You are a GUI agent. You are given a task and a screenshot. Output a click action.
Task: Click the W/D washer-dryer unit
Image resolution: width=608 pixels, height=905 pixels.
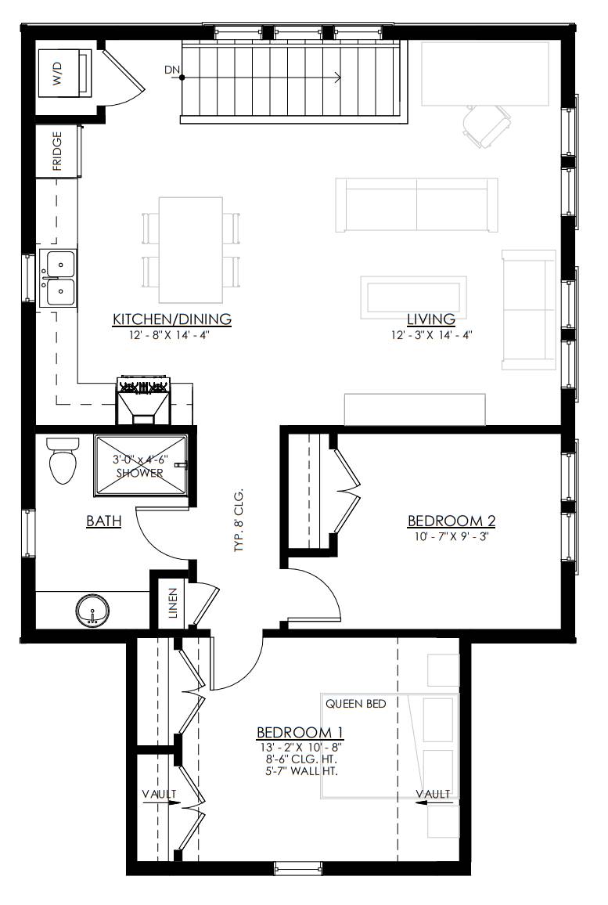[65, 74]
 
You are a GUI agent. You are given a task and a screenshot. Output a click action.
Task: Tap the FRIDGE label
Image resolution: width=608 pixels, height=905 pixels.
[57, 152]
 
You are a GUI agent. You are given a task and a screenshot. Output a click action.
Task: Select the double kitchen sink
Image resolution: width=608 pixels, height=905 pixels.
[58, 278]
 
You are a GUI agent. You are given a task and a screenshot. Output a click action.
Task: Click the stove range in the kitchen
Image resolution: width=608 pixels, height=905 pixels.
[144, 399]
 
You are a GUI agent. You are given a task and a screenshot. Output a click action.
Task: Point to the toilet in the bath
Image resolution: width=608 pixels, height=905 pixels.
[63, 460]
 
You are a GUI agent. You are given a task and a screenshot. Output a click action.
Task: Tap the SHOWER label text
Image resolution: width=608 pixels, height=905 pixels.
[139, 474]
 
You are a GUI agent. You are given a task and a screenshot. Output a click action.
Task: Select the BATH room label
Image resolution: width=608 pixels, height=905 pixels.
[104, 521]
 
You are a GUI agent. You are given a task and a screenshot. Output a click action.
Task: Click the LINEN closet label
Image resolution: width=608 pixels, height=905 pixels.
[172, 603]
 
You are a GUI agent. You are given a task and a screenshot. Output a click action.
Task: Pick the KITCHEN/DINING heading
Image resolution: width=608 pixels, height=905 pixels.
[172, 319]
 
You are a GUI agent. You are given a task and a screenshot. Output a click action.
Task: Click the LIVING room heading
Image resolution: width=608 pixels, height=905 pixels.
[431, 319]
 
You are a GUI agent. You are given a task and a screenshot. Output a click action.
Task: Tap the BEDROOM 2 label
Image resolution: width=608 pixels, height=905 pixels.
[452, 521]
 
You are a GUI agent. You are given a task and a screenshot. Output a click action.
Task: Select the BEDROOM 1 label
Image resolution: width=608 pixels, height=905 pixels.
[300, 733]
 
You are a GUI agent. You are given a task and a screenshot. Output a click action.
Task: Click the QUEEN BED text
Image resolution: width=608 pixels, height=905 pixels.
[356, 704]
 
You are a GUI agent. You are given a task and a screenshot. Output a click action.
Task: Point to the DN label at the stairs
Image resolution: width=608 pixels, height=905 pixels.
[172, 70]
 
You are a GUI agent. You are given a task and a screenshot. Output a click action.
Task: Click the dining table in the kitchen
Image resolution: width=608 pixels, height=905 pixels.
[191, 250]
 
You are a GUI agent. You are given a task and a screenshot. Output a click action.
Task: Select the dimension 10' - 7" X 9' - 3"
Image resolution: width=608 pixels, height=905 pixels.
[451, 536]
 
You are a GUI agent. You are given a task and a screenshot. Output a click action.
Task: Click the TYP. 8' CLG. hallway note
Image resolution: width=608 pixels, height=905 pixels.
[239, 521]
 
